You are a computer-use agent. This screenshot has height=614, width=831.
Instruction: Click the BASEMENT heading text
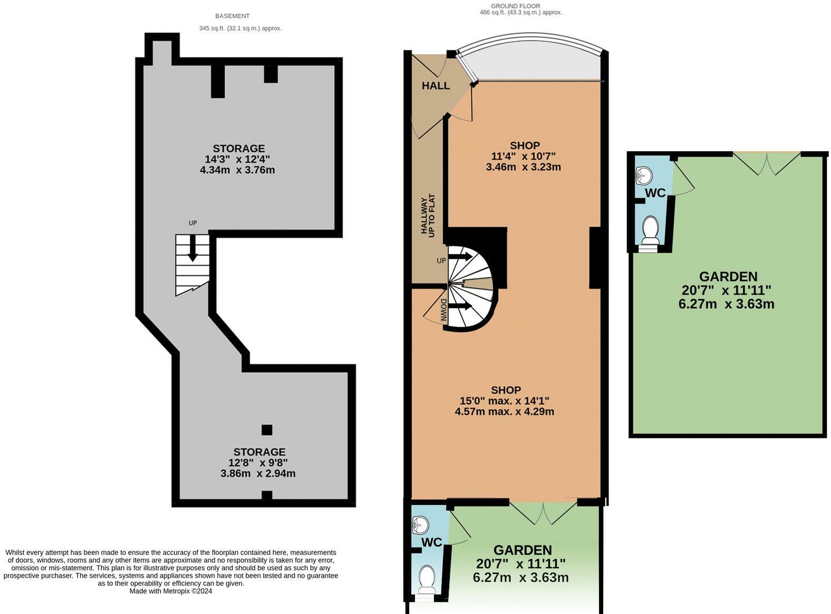tap(232, 16)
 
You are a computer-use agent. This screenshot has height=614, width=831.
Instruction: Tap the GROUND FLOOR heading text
tap(515, 6)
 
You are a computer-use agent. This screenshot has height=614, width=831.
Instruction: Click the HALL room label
tap(436, 85)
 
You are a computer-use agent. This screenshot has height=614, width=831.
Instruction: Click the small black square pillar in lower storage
tap(267, 430)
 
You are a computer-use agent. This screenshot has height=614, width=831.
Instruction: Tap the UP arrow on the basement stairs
tap(192, 248)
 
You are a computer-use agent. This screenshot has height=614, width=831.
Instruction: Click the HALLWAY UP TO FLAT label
tap(428, 216)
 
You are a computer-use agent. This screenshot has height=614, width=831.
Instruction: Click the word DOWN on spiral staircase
tap(443, 310)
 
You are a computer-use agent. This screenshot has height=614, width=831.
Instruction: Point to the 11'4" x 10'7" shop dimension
tap(523, 156)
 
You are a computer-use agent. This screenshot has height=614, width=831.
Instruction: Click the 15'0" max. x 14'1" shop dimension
tap(505, 401)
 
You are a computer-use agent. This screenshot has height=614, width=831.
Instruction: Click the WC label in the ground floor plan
tap(431, 542)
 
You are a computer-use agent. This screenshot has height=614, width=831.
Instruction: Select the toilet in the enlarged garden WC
tap(650, 232)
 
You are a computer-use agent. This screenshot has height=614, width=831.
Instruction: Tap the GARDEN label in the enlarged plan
tap(728, 277)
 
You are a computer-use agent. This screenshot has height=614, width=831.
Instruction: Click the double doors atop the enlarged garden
tap(767, 163)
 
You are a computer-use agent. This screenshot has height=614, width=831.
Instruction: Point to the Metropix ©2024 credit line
tap(171, 591)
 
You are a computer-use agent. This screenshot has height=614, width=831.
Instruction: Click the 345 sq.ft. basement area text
tap(240, 28)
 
